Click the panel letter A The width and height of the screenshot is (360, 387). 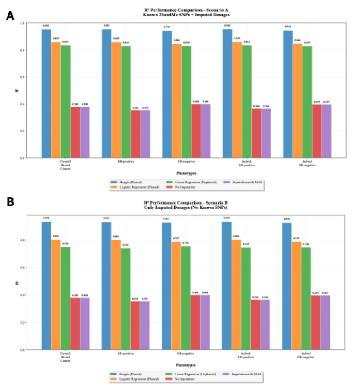(x=10, y=16)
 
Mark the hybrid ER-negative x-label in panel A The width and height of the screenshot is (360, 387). (x=307, y=163)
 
